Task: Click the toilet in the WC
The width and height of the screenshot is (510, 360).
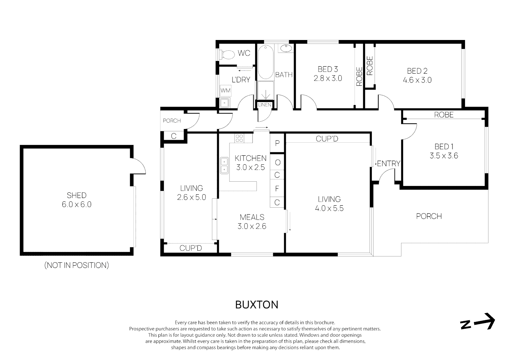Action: pyautogui.click(x=228, y=55)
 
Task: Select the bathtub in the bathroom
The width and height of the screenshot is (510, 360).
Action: pyautogui.click(x=266, y=62)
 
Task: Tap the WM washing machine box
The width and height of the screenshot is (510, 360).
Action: pyautogui.click(x=225, y=90)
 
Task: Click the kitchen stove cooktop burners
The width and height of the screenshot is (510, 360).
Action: pyautogui.click(x=239, y=138)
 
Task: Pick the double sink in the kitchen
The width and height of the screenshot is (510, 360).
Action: pyautogui.click(x=224, y=166)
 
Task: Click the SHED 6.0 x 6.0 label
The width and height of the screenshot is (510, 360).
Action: pyautogui.click(x=76, y=200)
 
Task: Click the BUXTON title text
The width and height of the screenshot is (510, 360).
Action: pyautogui.click(x=257, y=305)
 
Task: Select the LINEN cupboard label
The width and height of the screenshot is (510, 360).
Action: pyautogui.click(x=265, y=105)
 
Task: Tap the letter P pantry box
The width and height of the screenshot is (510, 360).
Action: pyautogui.click(x=277, y=143)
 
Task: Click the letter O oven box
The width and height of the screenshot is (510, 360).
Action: pyautogui.click(x=277, y=162)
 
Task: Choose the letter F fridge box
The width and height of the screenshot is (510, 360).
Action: pyautogui.click(x=277, y=189)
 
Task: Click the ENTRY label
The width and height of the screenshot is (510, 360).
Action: pyautogui.click(x=388, y=164)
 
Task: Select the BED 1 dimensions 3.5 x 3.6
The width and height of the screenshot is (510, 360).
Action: pyautogui.click(x=444, y=156)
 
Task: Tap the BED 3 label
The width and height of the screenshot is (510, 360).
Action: pyautogui.click(x=328, y=69)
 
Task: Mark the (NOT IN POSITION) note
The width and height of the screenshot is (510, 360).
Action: pyautogui.click(x=76, y=265)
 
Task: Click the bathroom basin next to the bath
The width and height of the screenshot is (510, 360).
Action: pyautogui.click(x=286, y=48)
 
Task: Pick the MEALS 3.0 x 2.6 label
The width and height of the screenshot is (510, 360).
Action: pyautogui.click(x=252, y=222)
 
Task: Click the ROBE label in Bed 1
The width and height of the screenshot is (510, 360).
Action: pyautogui.click(x=444, y=115)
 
